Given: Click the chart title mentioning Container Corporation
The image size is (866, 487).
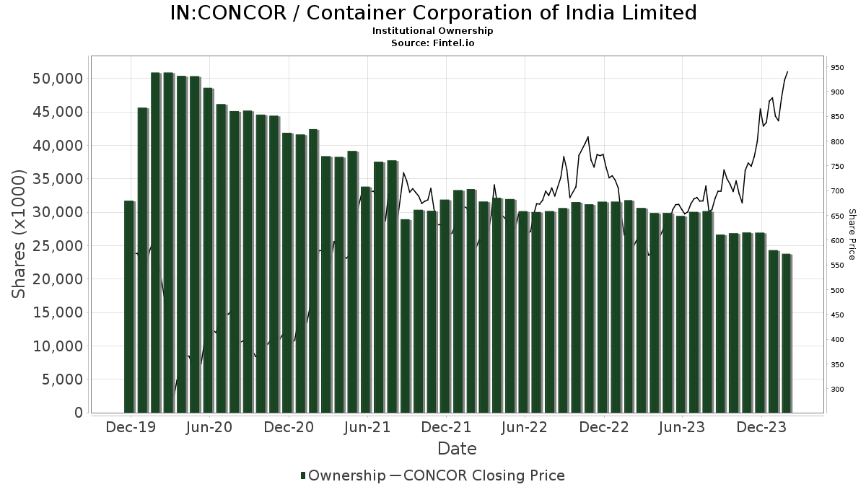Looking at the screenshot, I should (x=433, y=13).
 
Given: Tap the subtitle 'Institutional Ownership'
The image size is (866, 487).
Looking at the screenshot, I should (x=433, y=31).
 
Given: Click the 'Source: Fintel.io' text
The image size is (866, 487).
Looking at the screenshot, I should (x=433, y=43).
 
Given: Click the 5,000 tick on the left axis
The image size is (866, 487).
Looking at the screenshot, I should (x=62, y=379).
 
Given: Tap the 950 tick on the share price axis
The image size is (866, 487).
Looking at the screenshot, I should (x=837, y=67).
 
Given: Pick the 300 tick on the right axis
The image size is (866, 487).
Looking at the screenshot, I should (x=837, y=390).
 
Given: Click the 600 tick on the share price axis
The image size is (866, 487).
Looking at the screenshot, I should (x=837, y=241).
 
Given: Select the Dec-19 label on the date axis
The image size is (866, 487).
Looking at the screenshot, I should (x=131, y=427).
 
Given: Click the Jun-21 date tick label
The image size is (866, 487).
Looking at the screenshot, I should (x=367, y=427).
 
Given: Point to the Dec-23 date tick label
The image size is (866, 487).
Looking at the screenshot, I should (x=762, y=427).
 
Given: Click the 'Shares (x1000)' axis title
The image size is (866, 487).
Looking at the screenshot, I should (x=19, y=234).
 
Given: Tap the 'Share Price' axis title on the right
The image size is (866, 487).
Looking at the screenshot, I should (x=852, y=234).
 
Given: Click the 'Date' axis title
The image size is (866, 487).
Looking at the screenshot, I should (x=457, y=449).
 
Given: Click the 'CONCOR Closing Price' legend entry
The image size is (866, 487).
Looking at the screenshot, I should (x=484, y=475).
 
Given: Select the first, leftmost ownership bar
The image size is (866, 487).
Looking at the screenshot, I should (x=129, y=307).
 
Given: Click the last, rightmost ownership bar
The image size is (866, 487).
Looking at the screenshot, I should (x=786, y=333).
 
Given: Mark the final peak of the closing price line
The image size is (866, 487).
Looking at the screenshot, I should (x=787, y=71).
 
